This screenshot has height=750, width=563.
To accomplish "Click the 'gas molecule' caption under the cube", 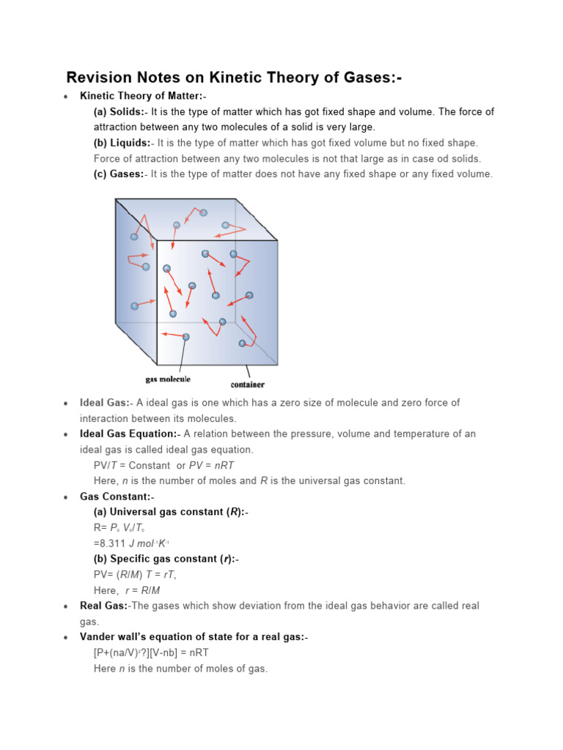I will click(168, 379).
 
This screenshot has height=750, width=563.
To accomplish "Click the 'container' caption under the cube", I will click(248, 385).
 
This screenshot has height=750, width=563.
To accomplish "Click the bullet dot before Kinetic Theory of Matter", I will click(66, 97).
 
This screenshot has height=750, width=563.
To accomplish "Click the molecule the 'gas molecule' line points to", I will click(186, 337).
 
